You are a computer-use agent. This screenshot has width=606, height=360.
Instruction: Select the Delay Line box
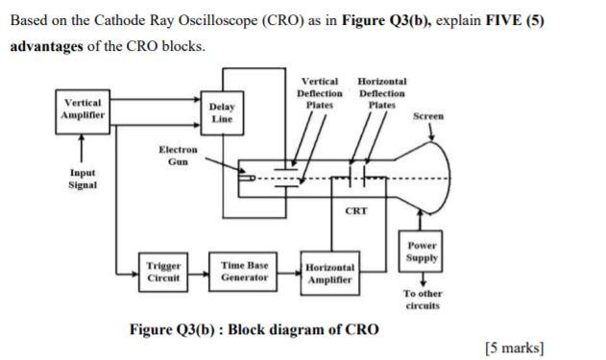222,112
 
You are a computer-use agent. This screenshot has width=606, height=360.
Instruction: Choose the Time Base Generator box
244,271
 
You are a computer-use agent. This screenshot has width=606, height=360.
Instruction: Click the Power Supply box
422,252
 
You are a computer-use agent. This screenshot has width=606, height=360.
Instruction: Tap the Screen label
427,116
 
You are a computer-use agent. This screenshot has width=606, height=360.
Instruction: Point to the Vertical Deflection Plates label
320,93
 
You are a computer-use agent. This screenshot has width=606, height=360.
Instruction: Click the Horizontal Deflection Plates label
381,93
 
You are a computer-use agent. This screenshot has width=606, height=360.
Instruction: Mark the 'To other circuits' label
422,300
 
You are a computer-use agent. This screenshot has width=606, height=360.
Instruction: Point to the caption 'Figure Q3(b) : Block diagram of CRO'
254,329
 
